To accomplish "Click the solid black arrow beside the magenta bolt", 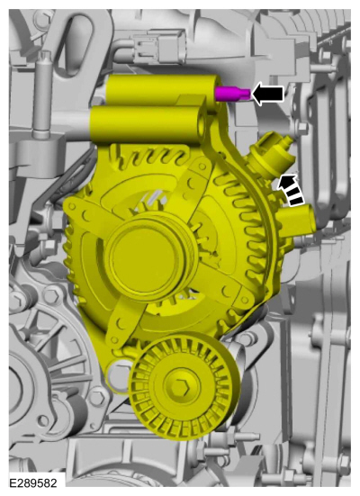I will pos(267,94).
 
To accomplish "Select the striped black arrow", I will pos(290,185).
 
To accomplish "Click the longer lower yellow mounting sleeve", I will pos(144,121).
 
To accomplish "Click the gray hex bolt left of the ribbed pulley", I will pos(96,397).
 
